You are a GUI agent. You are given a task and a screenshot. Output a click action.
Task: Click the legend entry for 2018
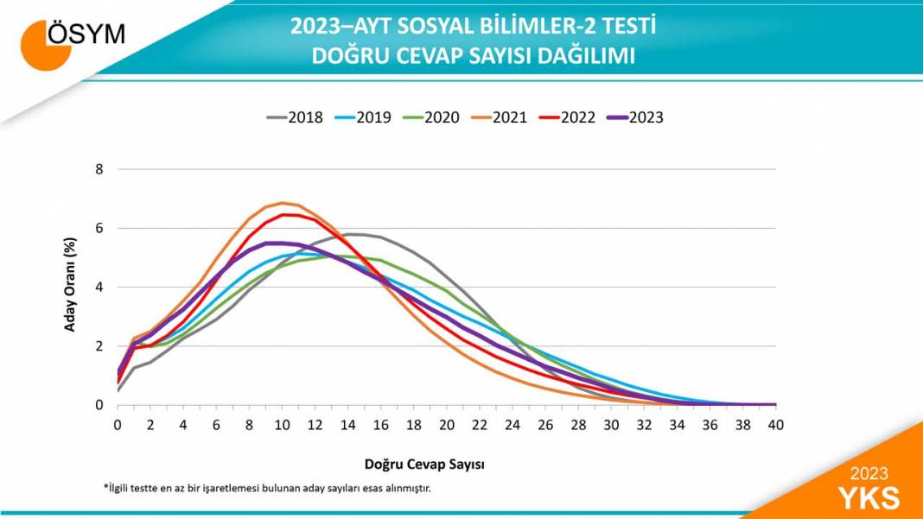(294, 117)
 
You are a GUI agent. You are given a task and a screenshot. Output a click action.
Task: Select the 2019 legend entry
(362, 117)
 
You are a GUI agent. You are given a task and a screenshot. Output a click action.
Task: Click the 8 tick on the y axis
(99, 169)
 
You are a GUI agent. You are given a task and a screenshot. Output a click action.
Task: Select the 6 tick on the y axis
(99, 228)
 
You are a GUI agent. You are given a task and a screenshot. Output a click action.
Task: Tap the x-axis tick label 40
(775, 424)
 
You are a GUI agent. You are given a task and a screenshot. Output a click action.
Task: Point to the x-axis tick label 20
(446, 424)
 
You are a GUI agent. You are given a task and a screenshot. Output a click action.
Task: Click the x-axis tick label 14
(347, 424)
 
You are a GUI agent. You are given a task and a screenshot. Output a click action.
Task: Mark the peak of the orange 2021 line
(282, 203)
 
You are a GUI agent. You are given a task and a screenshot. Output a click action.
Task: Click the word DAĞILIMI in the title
(587, 56)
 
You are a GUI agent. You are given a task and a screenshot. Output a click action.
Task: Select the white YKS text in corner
(869, 497)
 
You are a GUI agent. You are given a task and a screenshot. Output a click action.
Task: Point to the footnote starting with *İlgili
(267, 488)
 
